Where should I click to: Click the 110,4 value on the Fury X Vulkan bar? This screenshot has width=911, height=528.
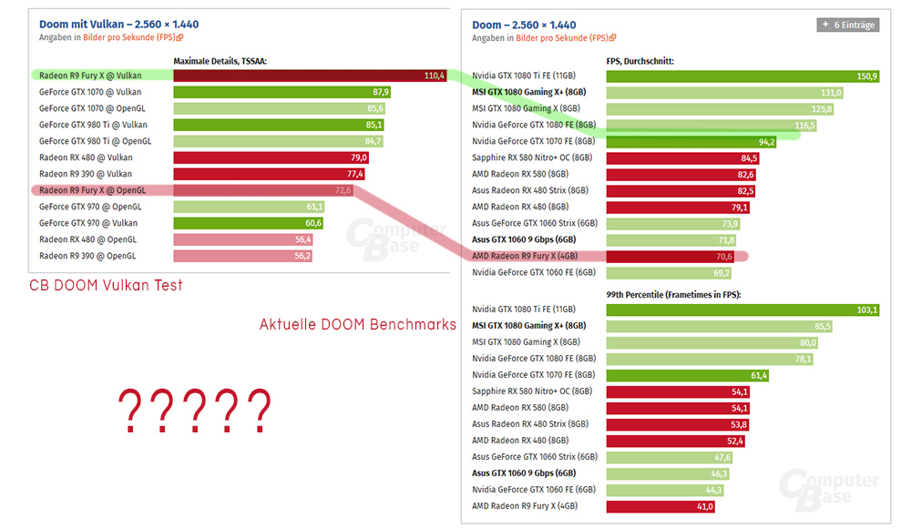pos(434,76)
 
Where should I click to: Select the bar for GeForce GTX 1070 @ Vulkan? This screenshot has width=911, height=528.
pos(282,92)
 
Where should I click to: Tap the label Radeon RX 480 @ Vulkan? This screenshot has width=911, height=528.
pos(87,157)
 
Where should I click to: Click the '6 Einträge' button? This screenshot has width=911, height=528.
pos(847,25)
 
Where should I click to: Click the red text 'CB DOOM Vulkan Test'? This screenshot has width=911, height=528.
pos(106,286)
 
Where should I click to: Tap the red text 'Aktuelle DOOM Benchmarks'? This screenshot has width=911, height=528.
pos(357,325)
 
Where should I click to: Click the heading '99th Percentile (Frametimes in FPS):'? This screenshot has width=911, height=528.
pos(675,295)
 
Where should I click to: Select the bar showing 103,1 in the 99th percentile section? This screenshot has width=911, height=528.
pos(742,310)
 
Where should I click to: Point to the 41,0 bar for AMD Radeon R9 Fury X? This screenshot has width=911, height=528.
pos(660,506)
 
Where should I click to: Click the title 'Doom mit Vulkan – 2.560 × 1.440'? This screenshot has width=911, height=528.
pos(118,24)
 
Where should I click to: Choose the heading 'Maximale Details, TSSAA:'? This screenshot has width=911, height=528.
pos(226,61)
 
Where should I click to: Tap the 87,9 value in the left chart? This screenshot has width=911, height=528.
pos(381,92)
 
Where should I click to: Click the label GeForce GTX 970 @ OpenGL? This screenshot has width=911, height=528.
pos(89,207)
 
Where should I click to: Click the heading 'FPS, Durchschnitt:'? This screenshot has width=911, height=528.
pos(640,61)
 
